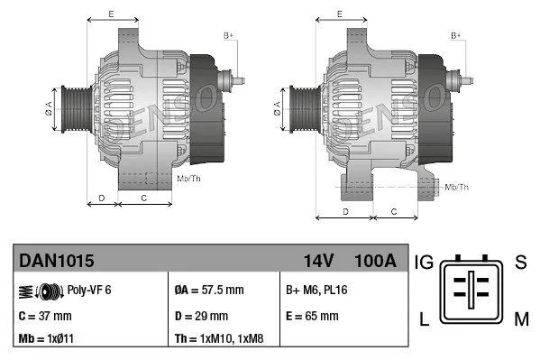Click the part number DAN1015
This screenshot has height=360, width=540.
[x=56, y=261]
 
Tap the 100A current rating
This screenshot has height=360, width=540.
[x=375, y=261]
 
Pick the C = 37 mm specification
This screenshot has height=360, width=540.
[x=46, y=316]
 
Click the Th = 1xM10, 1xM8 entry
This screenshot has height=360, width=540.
[x=221, y=340]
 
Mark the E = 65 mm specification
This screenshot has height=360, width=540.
[x=312, y=316]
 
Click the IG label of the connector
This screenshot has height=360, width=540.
[x=425, y=263]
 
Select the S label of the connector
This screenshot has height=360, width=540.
[x=520, y=263]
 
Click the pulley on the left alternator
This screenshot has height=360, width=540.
[x=70, y=110]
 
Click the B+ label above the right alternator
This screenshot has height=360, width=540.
[x=455, y=35]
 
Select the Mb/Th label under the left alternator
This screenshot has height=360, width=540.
[x=189, y=179]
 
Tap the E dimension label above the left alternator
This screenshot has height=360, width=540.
[x=110, y=14]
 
